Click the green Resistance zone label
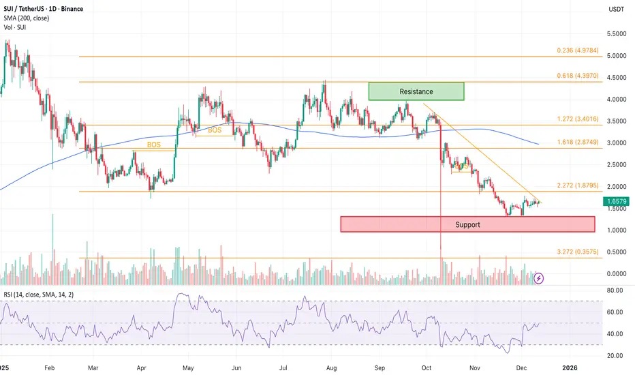pyautogui.click(x=416, y=91)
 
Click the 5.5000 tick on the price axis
pyautogui.click(x=616, y=34)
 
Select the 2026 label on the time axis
pyautogui.click(x=570, y=367)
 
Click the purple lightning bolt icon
pyautogui.click(x=539, y=277)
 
